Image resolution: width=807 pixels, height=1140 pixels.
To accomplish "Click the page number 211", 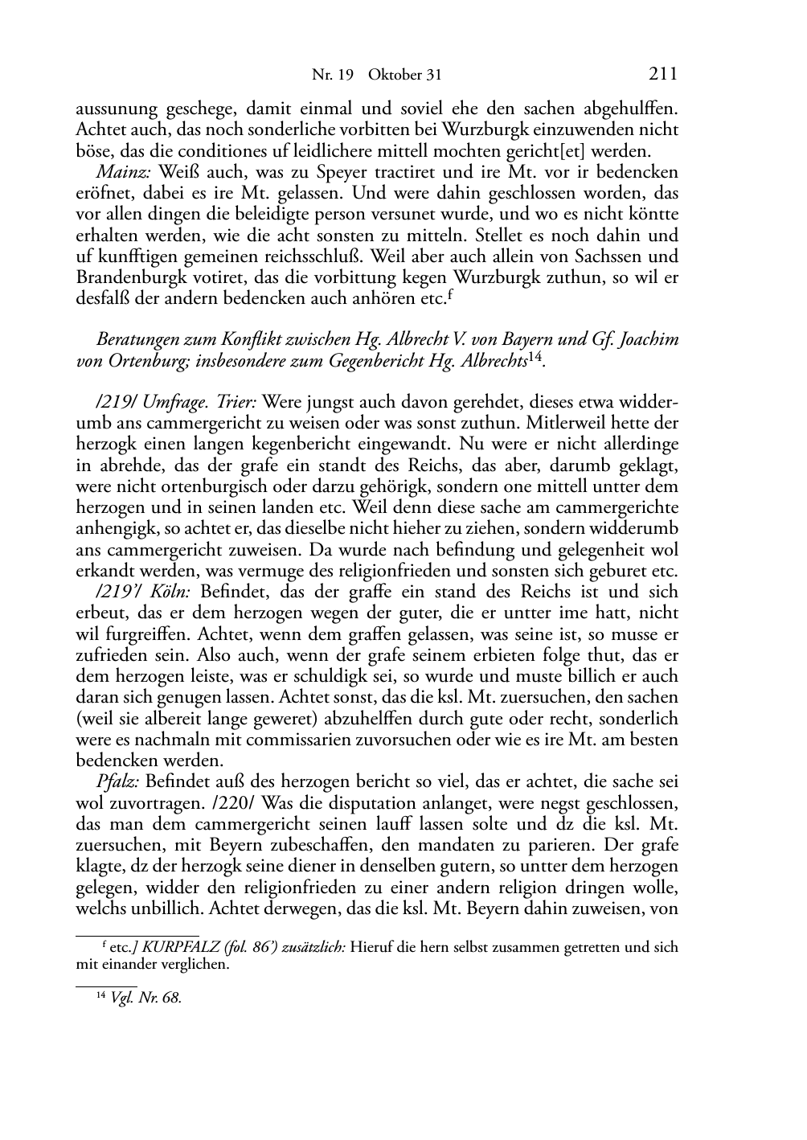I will coord(662,75).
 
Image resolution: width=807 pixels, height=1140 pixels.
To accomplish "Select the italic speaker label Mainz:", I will coord(125,172).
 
